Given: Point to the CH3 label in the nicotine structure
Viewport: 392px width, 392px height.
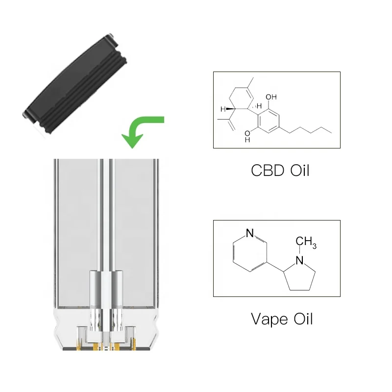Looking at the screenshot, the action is pos(307,242).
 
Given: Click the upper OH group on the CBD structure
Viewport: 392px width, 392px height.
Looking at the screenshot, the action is pos(270,97).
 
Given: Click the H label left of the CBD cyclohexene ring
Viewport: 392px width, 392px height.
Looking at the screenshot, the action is pos(222,109).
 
